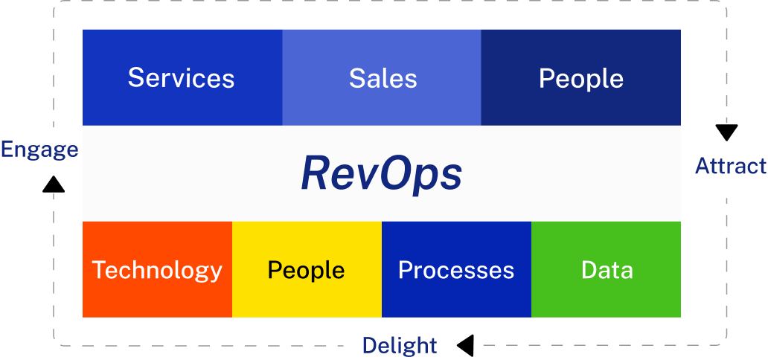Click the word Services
click(x=181, y=78)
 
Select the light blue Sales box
click(x=382, y=77)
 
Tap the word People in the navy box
click(x=581, y=78)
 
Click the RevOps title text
click(x=381, y=175)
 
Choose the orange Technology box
click(x=157, y=269)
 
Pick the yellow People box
click(x=307, y=269)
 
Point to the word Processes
click(x=456, y=270)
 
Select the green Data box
click(x=607, y=269)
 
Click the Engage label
click(x=39, y=150)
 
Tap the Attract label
click(x=730, y=166)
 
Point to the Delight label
click(x=400, y=345)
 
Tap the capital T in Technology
click(x=98, y=269)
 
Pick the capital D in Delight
click(x=368, y=345)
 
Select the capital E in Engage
click(x=6, y=150)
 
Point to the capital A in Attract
click(x=702, y=166)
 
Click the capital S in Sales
click(x=356, y=78)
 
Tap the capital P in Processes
click(x=405, y=269)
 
